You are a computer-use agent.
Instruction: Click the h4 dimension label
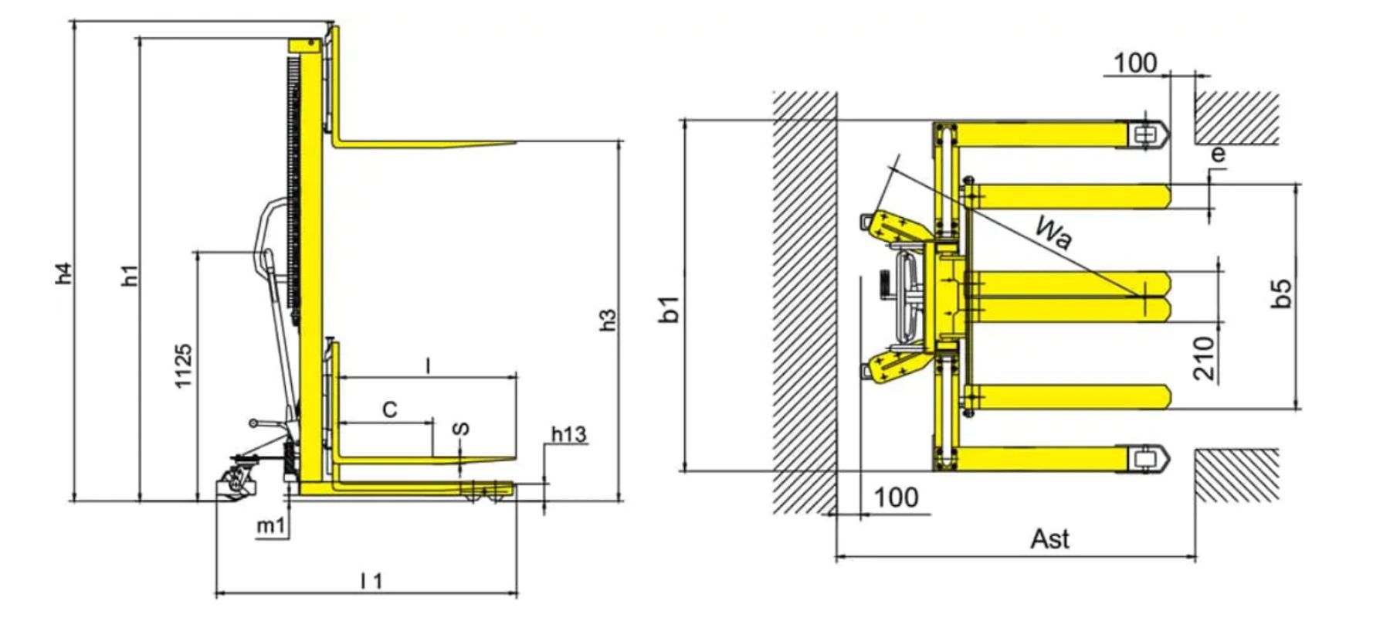65,273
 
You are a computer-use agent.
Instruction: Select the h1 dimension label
131,275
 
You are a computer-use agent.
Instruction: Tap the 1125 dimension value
183,365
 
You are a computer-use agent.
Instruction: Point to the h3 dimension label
609,320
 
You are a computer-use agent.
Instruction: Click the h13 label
568,435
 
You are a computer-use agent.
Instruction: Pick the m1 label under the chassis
271,527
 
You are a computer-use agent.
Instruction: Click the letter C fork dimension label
390,409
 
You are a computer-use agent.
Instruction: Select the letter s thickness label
462,428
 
